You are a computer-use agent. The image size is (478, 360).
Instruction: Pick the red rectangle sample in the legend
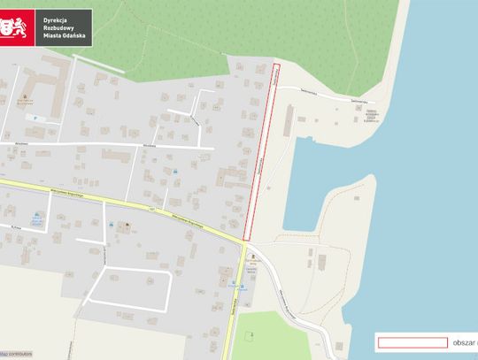point(411,342)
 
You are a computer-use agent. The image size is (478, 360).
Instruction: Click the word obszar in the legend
point(464,342)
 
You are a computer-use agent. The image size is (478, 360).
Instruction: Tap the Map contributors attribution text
point(16,354)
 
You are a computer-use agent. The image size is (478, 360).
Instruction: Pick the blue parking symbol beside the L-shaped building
point(35,117)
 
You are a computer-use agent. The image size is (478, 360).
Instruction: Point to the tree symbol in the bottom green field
point(251,333)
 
